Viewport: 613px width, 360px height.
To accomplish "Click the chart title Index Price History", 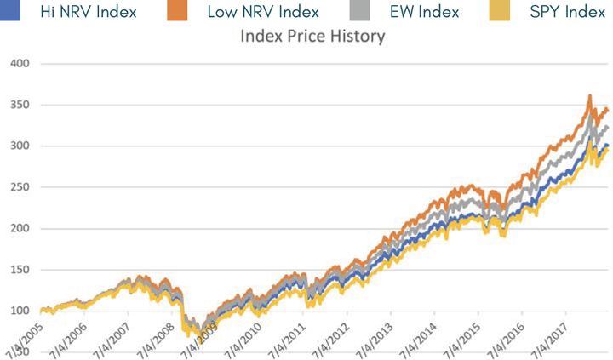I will click(x=312, y=37).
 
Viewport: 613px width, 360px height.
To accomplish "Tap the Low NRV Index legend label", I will click(x=263, y=13).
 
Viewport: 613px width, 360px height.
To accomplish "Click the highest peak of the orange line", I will click(x=589, y=96).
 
